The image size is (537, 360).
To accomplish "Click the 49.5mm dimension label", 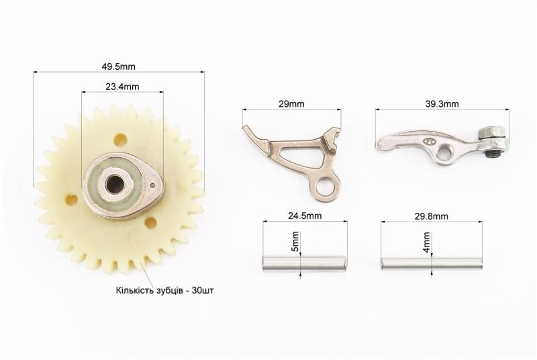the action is tap(119, 66).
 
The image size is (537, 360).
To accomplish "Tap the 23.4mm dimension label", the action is tap(122, 87).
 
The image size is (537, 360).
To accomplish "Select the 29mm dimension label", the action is tap(291, 104).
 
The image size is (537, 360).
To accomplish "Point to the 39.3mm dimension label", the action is tap(442, 104).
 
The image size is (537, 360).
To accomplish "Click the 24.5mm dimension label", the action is tap(305, 216).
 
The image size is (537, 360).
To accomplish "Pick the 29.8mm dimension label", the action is tap(431, 216).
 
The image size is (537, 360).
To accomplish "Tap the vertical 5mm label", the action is tap(295, 242).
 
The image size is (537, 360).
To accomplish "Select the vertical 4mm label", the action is tap(426, 242).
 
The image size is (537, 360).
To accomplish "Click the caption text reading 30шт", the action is tap(203, 290).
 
